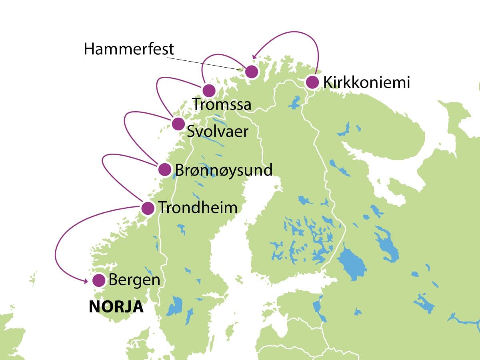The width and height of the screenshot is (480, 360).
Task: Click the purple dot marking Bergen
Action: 99,280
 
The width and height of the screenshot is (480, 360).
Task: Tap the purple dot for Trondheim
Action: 148,208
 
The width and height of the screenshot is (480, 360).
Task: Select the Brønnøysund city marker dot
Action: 165,170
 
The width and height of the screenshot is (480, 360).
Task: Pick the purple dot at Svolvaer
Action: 178,124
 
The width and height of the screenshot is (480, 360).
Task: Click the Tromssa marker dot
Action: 208,90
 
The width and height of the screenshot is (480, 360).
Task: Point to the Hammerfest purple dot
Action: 251,72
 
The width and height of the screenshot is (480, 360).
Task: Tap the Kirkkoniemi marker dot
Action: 312,82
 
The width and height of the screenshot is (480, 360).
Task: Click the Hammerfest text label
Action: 129,49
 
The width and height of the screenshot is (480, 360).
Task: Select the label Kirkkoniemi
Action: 366,83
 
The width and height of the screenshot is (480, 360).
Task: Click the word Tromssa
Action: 222,104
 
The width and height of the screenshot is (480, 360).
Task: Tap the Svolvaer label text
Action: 218,132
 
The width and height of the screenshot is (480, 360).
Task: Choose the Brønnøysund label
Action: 224,170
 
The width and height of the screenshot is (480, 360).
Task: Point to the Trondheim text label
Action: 198,208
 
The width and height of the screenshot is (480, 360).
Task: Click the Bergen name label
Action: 134,280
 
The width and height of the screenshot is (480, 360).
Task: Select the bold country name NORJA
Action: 116,307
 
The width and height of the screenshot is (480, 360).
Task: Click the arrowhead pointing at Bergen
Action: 86,282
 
